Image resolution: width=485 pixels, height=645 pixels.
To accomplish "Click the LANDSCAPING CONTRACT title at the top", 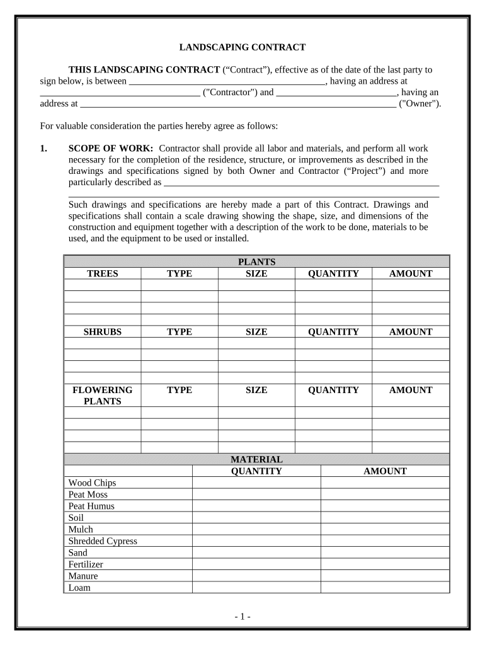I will coord(243,47).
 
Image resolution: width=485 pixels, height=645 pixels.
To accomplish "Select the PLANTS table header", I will coord(256,262).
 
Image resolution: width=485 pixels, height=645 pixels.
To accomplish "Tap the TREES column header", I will coord(103,273).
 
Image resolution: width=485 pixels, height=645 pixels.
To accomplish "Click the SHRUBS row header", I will coord(103,332).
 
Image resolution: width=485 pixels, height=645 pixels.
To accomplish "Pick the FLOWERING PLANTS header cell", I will coord(103,396).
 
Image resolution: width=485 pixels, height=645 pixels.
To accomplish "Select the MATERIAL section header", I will coord(256,460).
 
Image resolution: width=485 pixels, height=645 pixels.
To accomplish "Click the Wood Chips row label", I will coord(92,483).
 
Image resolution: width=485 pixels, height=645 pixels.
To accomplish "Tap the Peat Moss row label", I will coord(88,494).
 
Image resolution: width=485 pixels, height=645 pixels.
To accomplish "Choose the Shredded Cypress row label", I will coord(103,541).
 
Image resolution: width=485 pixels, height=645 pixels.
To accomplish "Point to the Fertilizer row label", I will coord(86,564).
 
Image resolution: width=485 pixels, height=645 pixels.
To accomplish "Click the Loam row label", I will coord(79,588).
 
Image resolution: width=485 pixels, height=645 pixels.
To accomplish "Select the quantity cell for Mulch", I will coord(256,530).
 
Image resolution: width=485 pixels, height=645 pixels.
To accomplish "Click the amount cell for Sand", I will coord(385,553).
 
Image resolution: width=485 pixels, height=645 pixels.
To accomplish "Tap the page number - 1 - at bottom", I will coord(243,617).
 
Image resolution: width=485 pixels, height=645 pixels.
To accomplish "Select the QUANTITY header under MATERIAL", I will coord(256,471).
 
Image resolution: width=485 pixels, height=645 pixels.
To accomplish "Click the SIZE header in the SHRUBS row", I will coord(256,332).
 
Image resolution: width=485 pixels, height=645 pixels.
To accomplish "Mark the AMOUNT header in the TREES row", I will coord(411,273).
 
